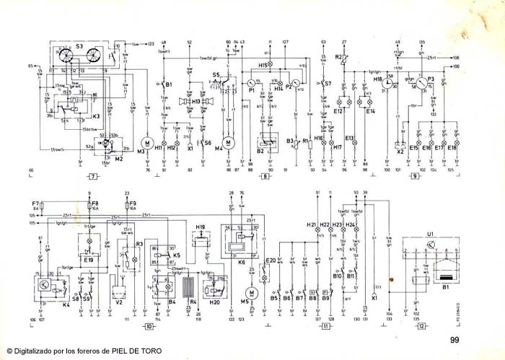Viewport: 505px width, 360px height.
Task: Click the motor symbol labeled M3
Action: pos(147,139)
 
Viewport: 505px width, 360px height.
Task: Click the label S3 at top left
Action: pos(79,47)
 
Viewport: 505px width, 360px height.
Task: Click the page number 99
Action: pos(454,340)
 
